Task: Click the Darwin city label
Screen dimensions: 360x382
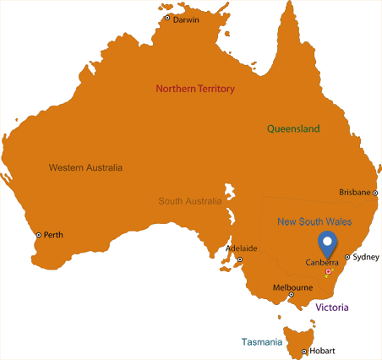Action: click(186, 19)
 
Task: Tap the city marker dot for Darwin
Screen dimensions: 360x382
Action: click(167, 18)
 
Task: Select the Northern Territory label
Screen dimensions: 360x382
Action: click(195, 89)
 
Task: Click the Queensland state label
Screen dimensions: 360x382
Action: click(293, 128)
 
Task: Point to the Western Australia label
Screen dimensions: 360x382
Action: click(85, 167)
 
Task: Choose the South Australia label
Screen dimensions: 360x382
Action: click(190, 201)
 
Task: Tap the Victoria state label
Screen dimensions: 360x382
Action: click(332, 308)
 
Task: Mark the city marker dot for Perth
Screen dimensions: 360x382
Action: click(38, 235)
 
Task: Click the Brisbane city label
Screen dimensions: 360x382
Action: click(354, 192)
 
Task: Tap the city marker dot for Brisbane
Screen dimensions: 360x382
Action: click(376, 193)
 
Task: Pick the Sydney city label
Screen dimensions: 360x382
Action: click(366, 256)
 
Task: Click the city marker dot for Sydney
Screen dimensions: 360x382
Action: click(347, 257)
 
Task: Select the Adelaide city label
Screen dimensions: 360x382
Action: click(241, 248)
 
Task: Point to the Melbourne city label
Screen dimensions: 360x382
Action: click(292, 287)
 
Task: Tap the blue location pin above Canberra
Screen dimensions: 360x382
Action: click(327, 244)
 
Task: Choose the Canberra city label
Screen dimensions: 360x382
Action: click(321, 262)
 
